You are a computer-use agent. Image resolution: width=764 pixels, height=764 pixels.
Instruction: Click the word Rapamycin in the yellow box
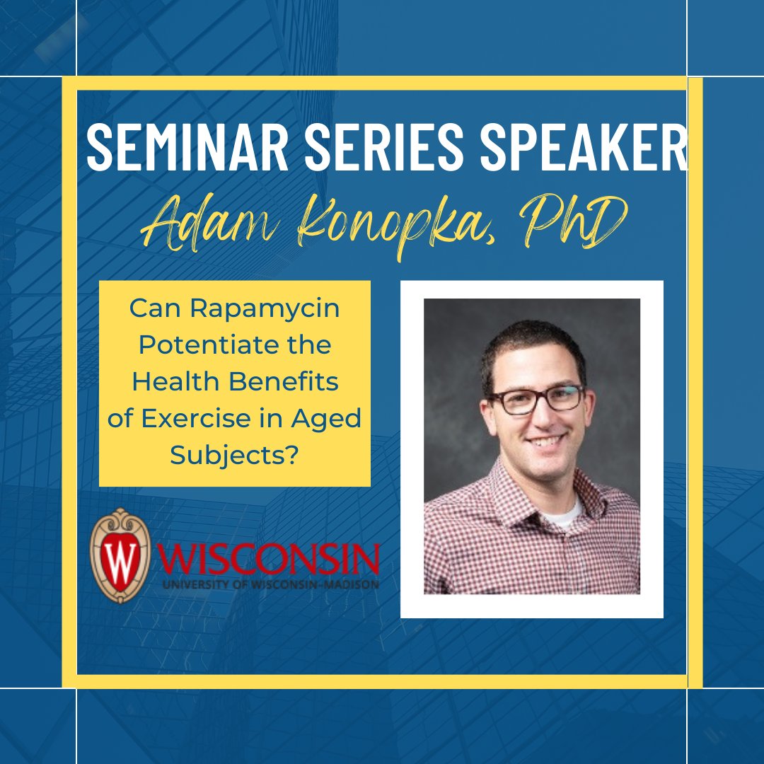pos(265,309)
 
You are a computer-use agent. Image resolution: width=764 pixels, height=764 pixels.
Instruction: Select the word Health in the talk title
pos(175,381)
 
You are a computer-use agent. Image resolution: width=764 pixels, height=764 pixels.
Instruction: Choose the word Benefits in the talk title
pos(284,381)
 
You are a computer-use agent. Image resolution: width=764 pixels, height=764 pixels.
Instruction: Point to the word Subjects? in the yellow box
pos(234,456)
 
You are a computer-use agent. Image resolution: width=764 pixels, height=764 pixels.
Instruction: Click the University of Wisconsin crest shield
pos(120,555)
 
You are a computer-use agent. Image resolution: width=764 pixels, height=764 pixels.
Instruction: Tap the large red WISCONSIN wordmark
pos(269,559)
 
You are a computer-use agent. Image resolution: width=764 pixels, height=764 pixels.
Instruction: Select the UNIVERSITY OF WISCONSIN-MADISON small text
pos(271,584)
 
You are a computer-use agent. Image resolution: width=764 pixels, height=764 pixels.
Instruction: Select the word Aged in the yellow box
pos(326,419)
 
